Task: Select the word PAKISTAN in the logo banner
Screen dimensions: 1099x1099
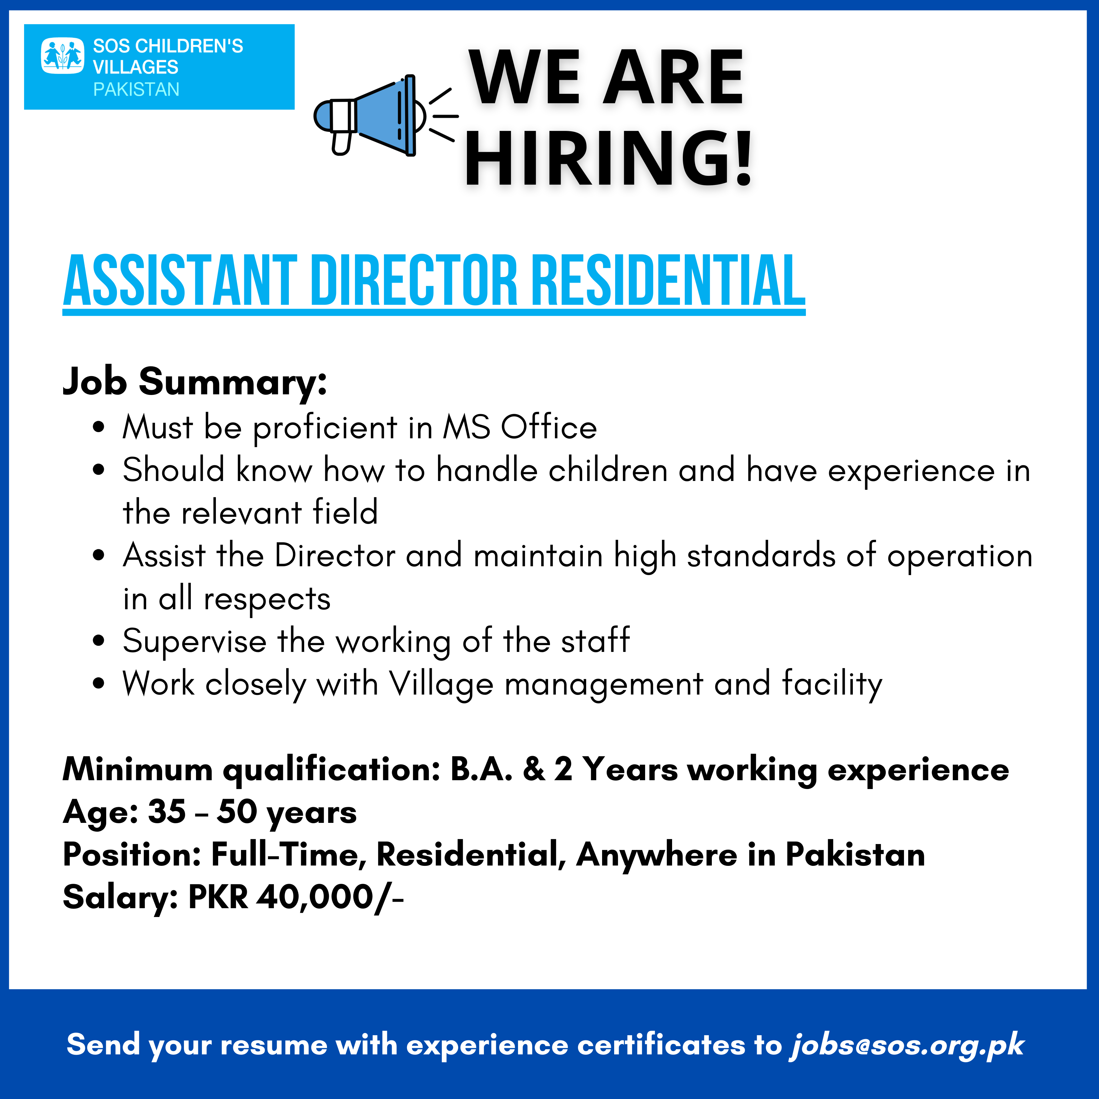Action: click(x=136, y=89)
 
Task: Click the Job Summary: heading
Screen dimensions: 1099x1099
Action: click(x=194, y=381)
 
